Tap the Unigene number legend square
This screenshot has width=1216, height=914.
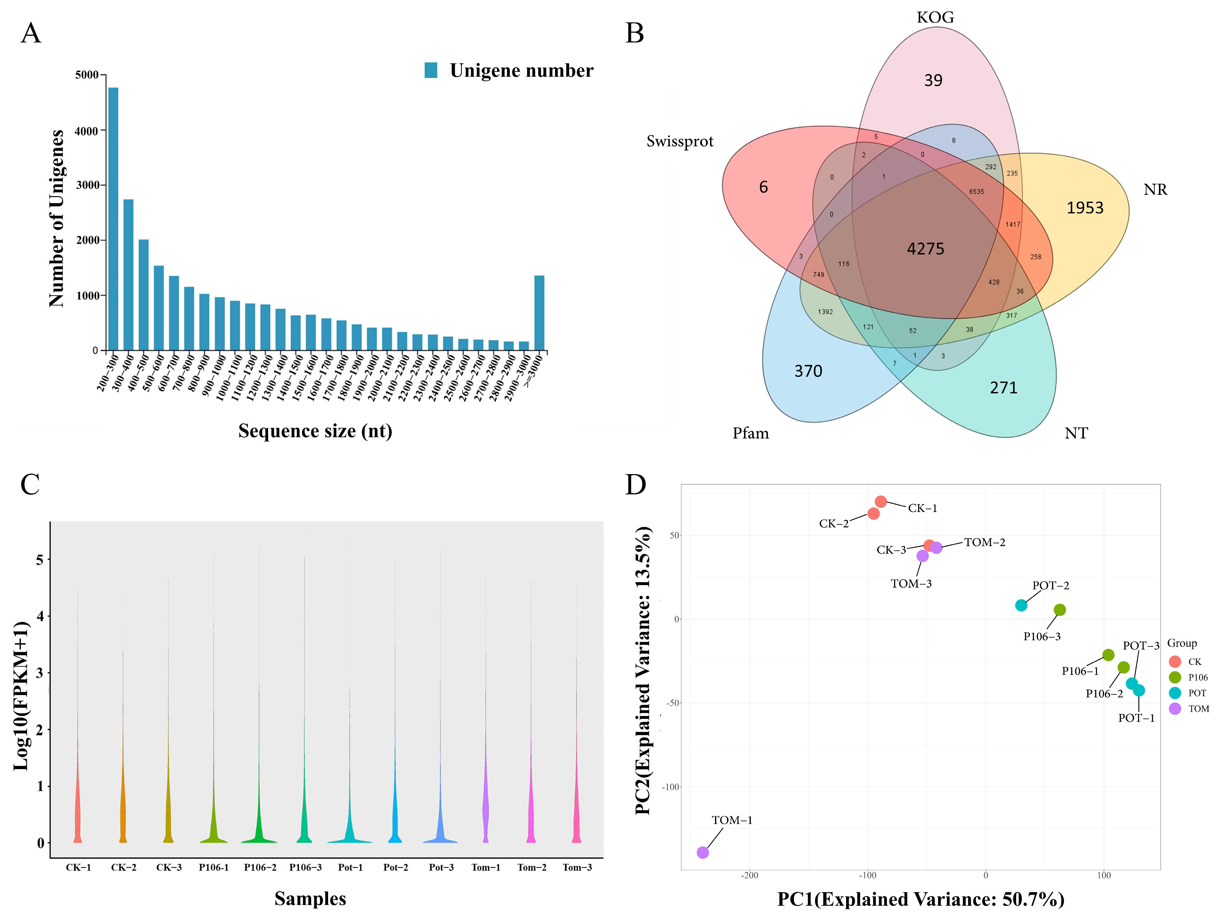pos(431,70)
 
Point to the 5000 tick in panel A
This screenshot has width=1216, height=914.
pos(87,75)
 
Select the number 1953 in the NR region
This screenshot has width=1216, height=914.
pos(1085,208)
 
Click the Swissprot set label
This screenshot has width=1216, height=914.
pos(679,141)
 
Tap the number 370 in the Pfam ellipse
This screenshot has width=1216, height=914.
pos(808,371)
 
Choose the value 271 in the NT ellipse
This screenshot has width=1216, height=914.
pos(1003,388)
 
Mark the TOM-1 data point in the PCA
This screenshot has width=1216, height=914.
pos(703,852)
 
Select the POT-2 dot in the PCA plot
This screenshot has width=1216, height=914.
pos(1021,606)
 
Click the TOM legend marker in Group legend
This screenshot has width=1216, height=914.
pos(1175,709)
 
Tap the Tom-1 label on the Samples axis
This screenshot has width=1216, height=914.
pos(486,867)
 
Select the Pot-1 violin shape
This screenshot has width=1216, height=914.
pos(350,825)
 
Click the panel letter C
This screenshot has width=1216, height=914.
pos(30,485)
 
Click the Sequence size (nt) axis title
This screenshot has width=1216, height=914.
pos(315,431)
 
